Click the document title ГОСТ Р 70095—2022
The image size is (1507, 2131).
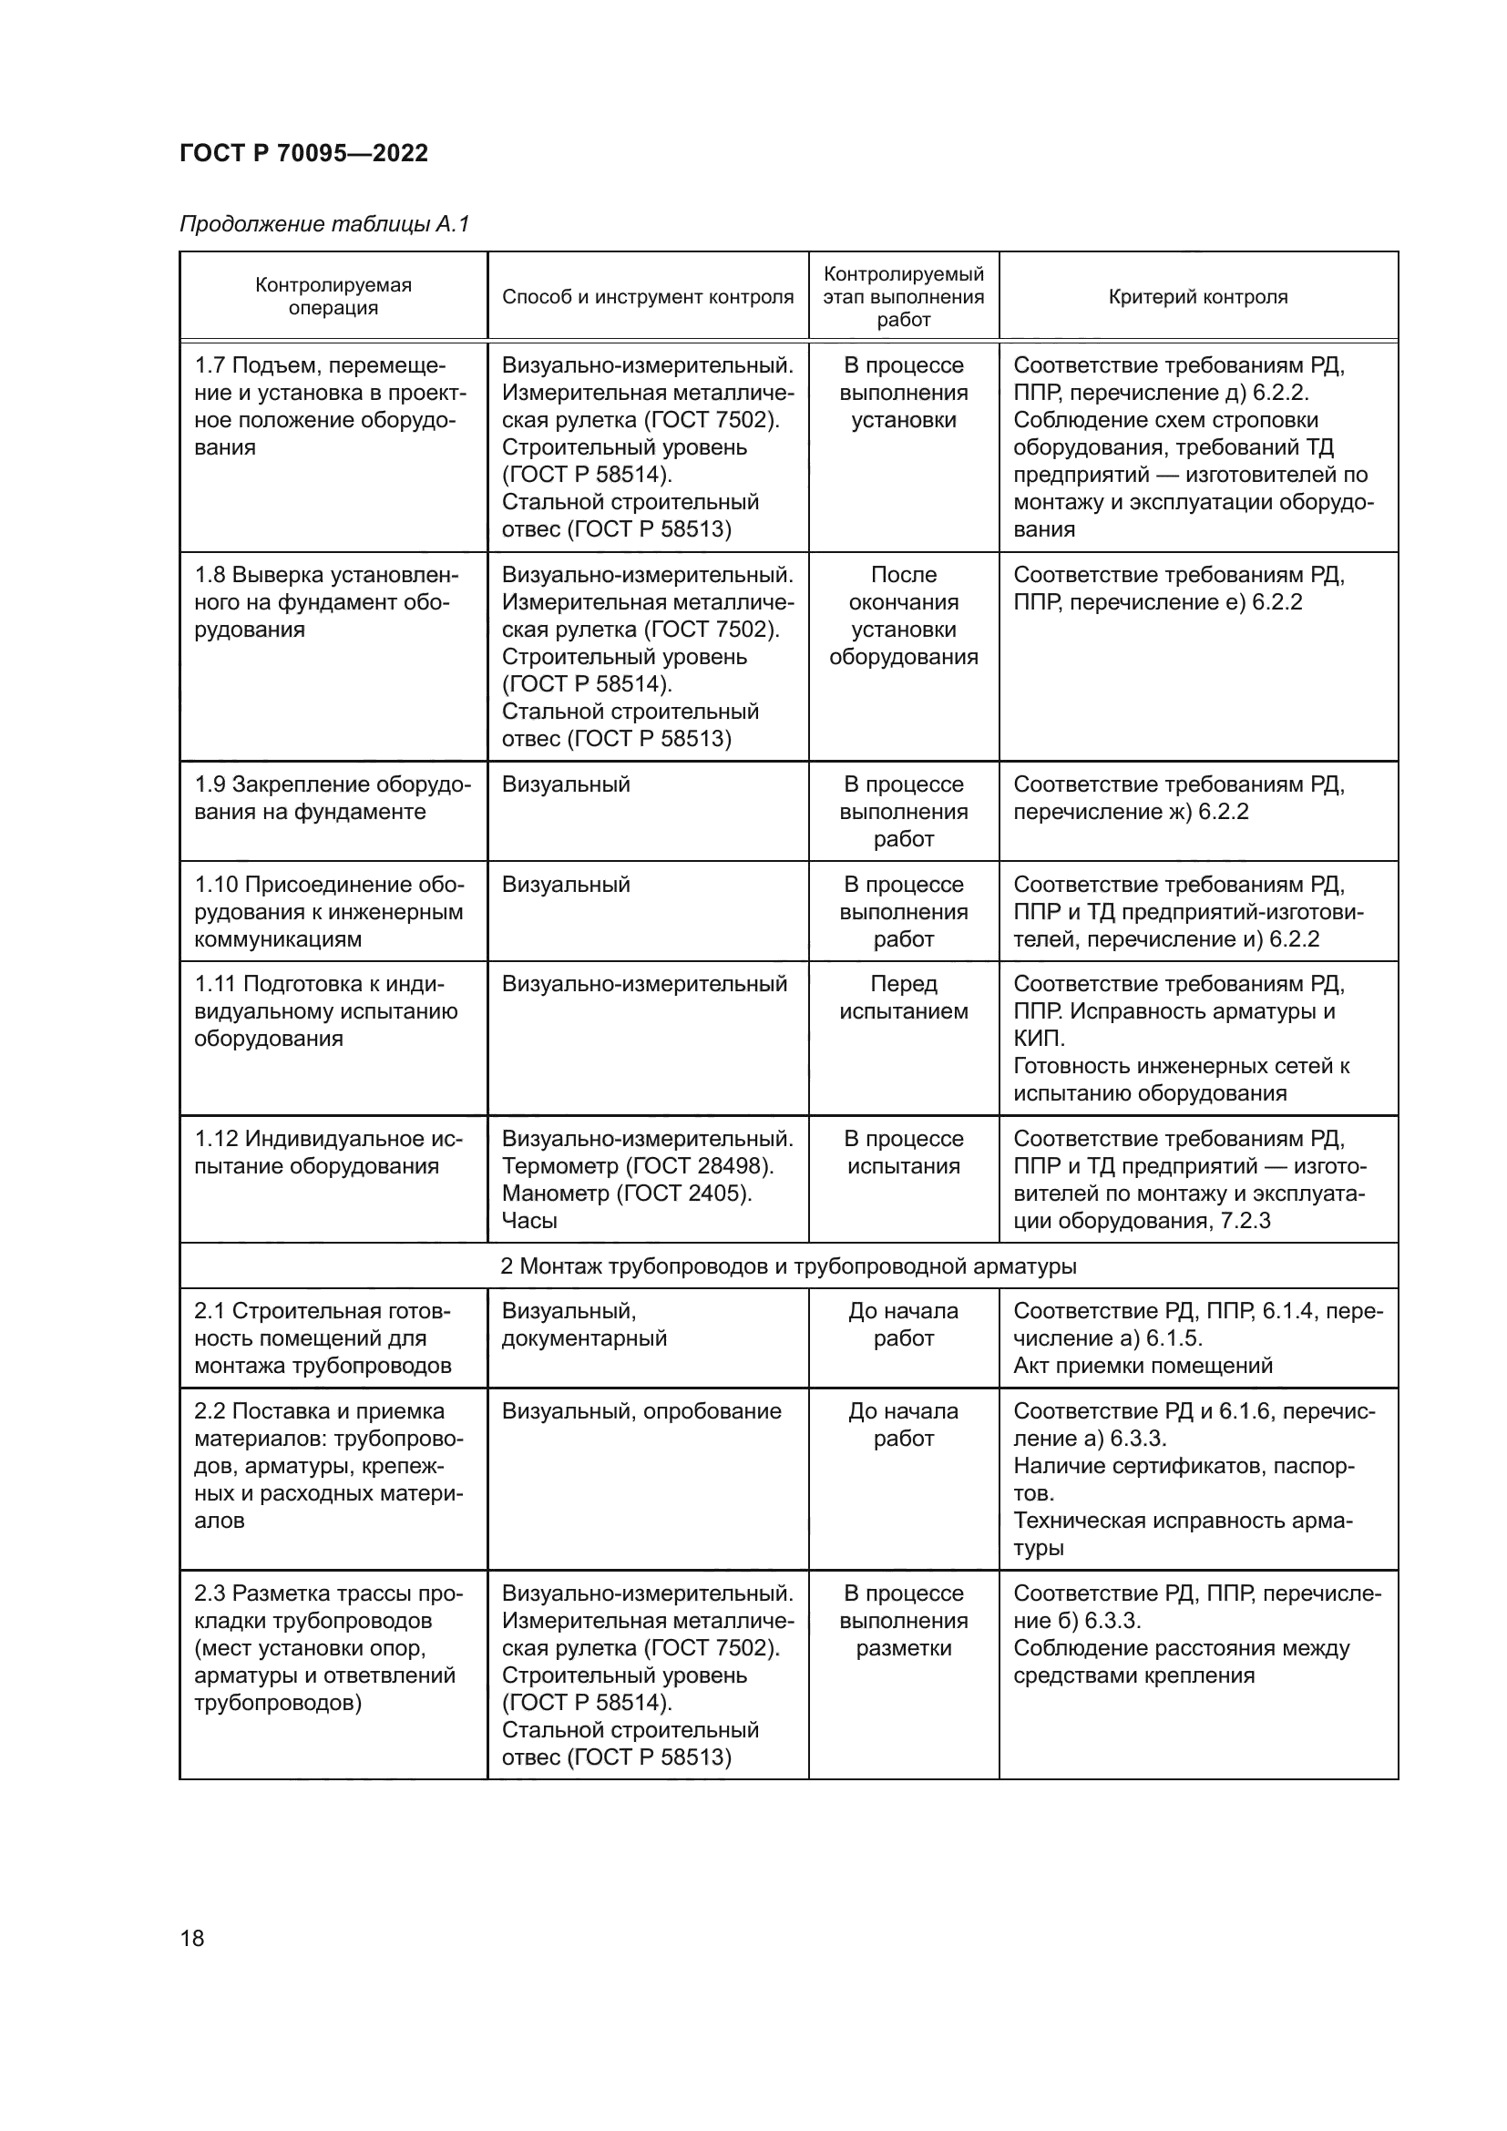point(303,153)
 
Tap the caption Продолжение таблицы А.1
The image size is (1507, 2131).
point(324,224)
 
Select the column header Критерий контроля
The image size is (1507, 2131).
point(1197,297)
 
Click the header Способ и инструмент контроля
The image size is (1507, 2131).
point(648,297)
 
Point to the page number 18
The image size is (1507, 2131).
point(192,1938)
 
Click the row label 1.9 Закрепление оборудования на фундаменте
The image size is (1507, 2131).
point(332,798)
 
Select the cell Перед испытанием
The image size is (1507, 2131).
point(903,997)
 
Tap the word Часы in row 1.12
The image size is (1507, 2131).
point(529,1221)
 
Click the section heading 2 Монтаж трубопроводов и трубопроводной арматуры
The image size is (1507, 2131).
point(788,1266)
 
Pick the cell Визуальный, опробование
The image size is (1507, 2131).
point(641,1410)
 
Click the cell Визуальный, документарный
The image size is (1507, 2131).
point(584,1325)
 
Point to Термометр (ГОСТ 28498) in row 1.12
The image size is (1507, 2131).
point(638,1166)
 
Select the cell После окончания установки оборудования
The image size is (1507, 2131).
point(903,615)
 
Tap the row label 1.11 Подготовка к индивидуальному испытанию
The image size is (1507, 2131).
point(324,1010)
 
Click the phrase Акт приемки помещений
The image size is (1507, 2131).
point(1143,1366)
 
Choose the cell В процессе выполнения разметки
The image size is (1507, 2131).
point(903,1621)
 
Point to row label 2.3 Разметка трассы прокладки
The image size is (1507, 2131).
point(328,1647)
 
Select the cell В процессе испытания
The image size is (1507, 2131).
point(903,1152)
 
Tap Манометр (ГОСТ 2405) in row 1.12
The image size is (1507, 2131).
point(626,1193)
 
